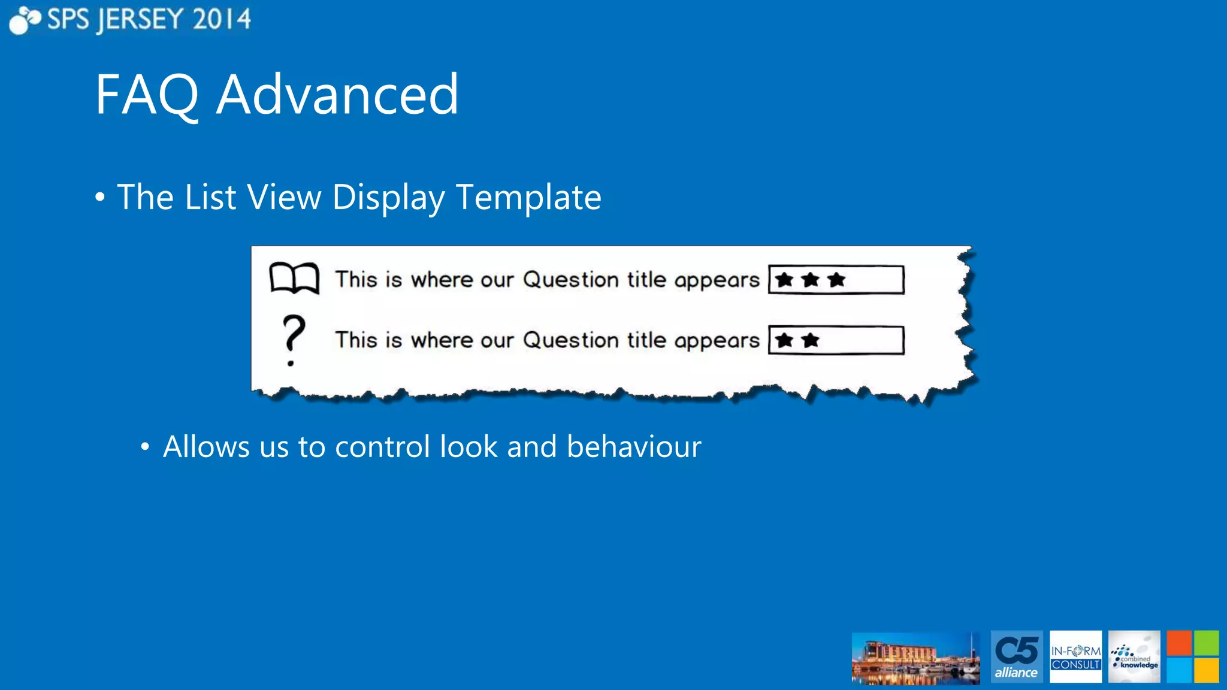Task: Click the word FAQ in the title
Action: coord(147,95)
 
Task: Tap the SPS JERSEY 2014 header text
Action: coord(149,19)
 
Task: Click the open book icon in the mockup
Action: coord(294,279)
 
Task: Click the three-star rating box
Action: coord(836,280)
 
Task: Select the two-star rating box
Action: coord(836,340)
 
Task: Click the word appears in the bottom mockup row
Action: coord(717,341)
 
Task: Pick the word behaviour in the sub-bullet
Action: coord(634,447)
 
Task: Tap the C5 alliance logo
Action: coord(1016,656)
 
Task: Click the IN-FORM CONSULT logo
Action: coord(1075,656)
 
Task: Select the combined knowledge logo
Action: coord(1134,656)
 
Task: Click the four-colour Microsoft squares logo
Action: coord(1192,656)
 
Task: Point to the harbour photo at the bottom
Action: coord(915,658)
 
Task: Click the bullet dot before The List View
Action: coord(100,198)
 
